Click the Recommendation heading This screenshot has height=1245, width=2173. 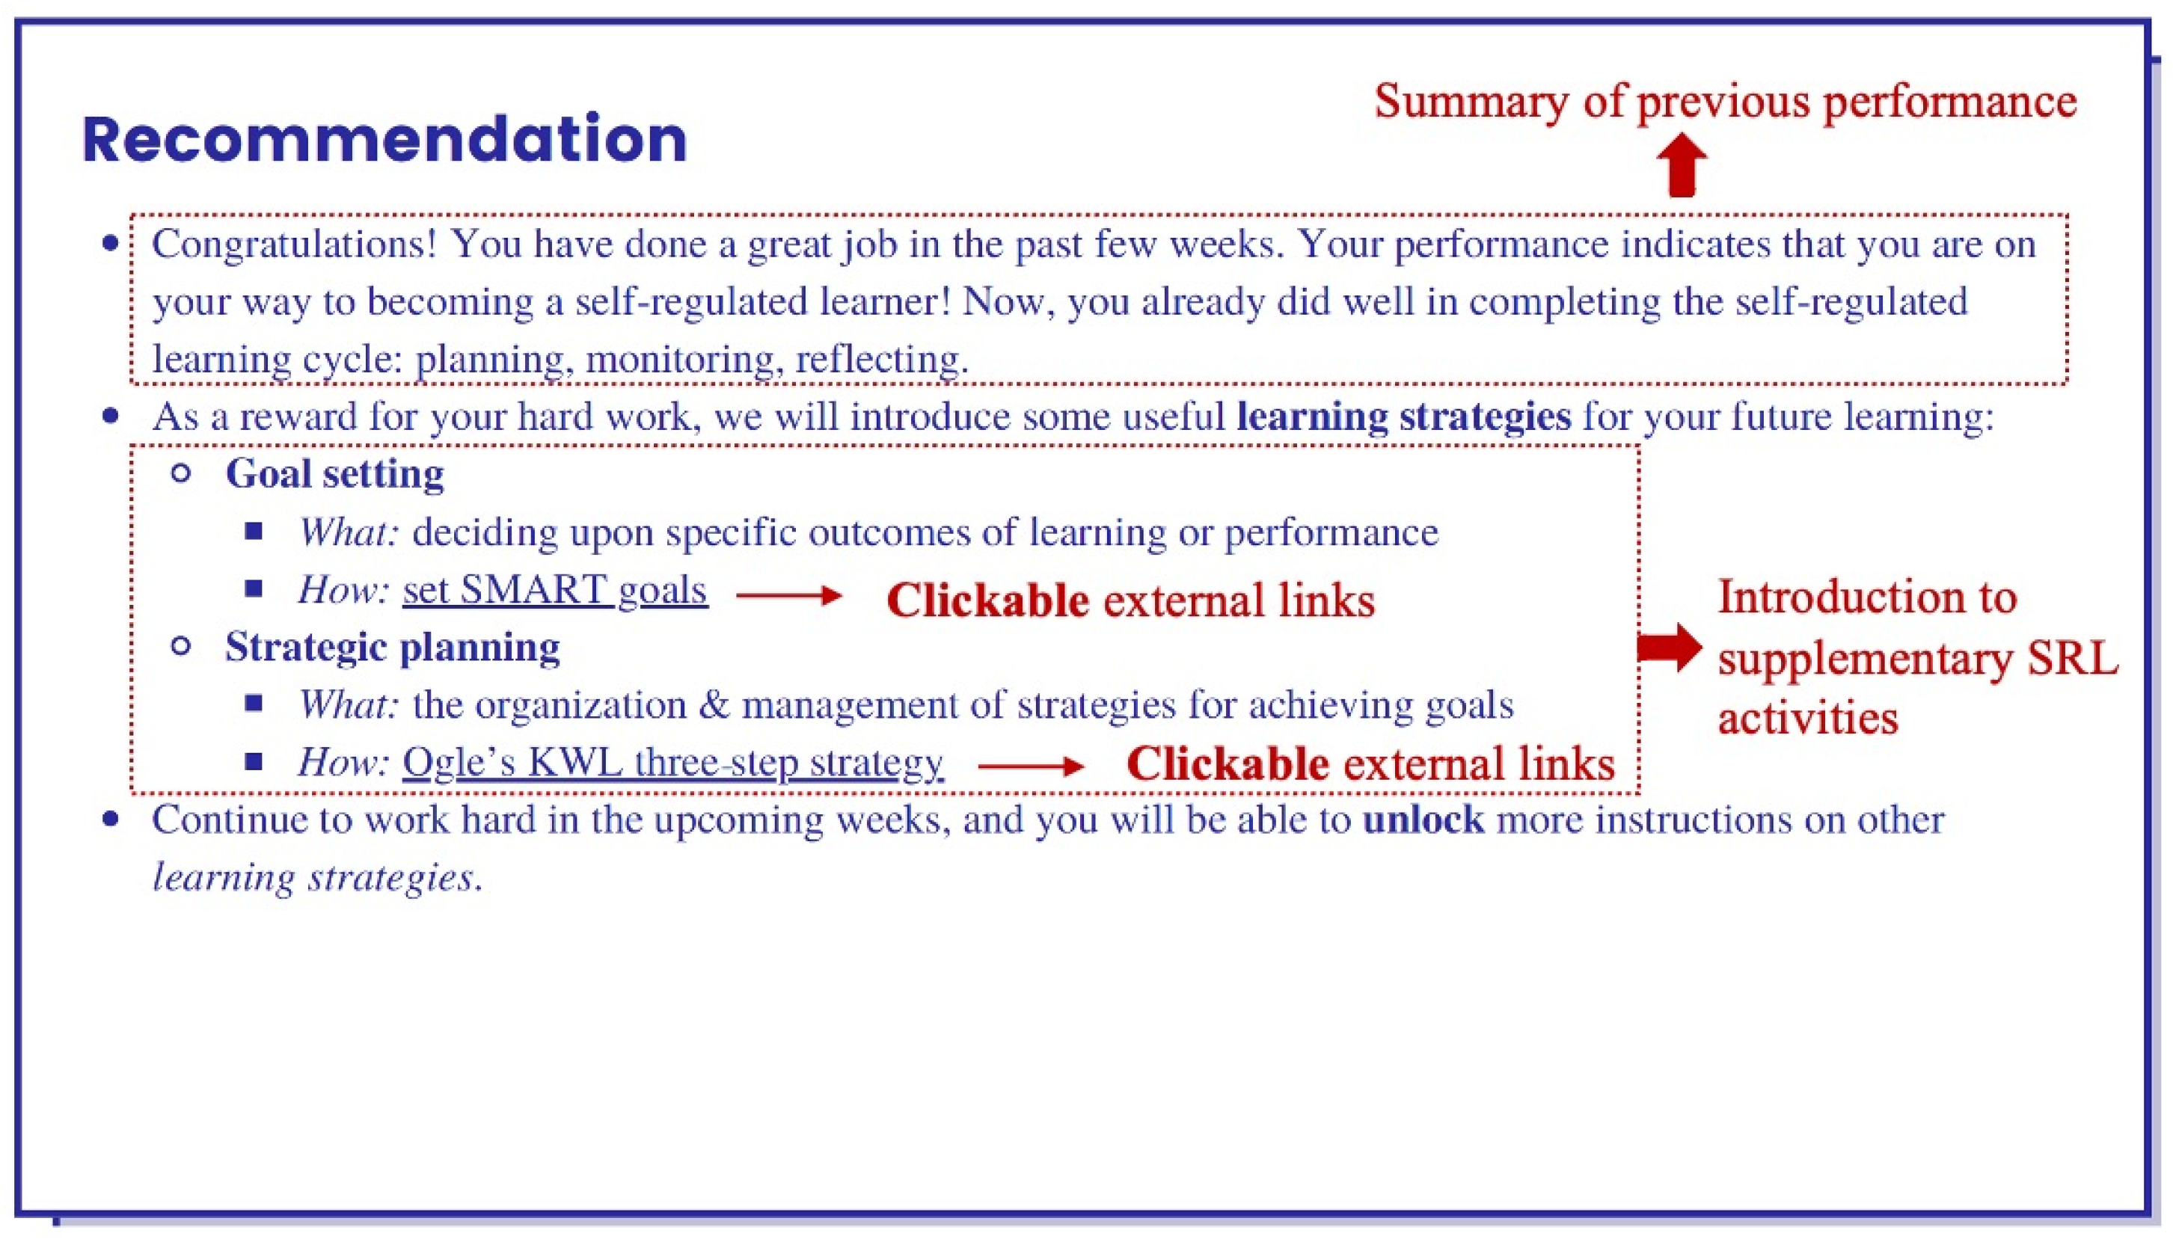pyautogui.click(x=384, y=138)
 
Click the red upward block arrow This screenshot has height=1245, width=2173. pyautogui.click(x=1682, y=165)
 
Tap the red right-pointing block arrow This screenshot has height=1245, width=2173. pyautogui.click(x=1670, y=648)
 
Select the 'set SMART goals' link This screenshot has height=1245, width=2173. pyautogui.click(x=555, y=590)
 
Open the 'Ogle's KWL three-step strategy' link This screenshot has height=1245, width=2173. pyautogui.click(x=673, y=762)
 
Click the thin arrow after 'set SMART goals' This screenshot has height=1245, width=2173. pyautogui.click(x=788, y=595)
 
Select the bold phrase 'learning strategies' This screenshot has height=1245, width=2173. pyautogui.click(x=1403, y=416)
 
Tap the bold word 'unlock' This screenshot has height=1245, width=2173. pyautogui.click(x=1423, y=820)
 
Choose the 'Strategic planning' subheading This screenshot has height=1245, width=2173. pyautogui.click(x=393, y=648)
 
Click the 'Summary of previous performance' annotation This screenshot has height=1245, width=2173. pyautogui.click(x=1726, y=101)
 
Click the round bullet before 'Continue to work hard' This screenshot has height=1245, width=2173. pyautogui.click(x=110, y=820)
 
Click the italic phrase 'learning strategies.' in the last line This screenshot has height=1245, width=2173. pyautogui.click(x=317, y=877)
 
